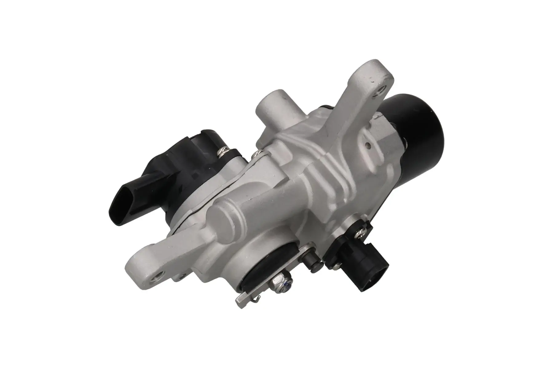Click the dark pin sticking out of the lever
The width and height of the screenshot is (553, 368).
[313, 264]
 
